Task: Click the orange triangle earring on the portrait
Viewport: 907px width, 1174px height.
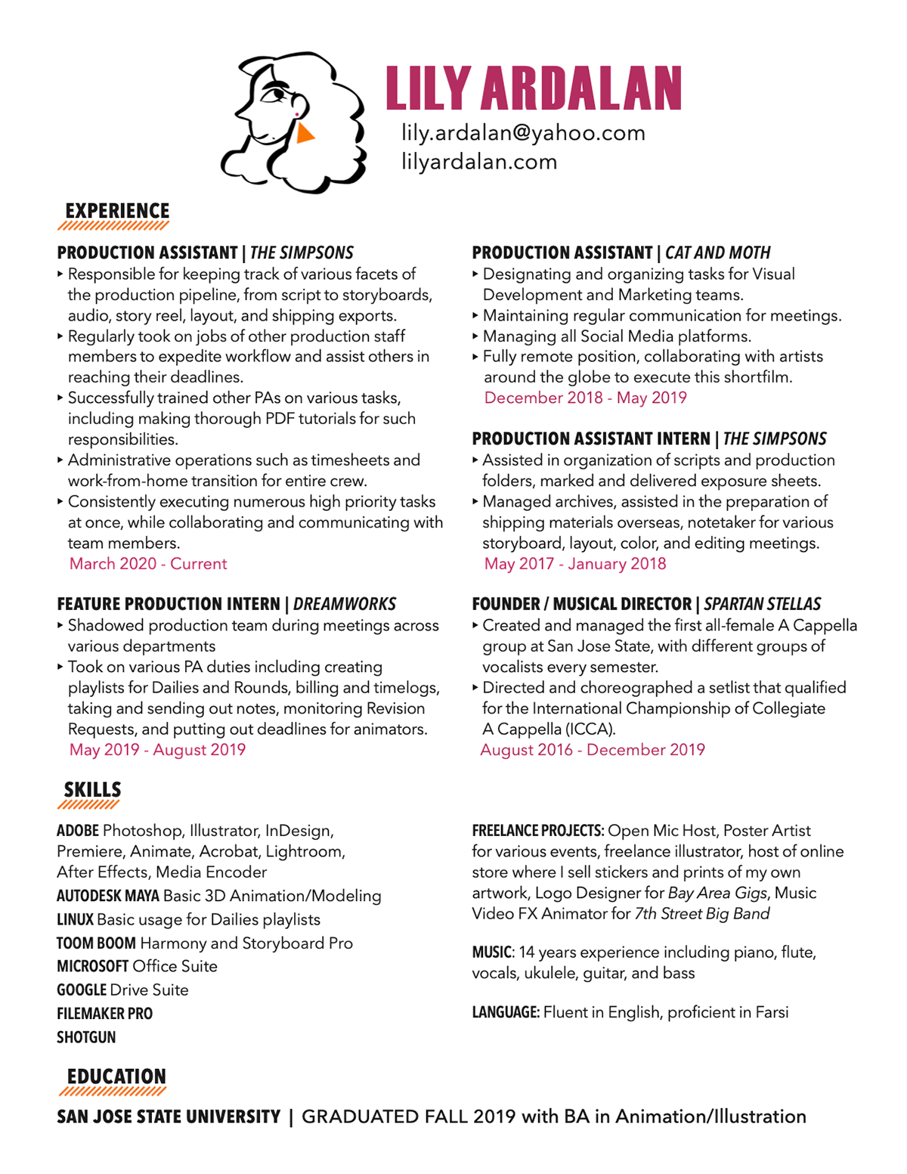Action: click(305, 134)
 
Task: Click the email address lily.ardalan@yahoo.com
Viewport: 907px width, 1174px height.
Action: click(523, 133)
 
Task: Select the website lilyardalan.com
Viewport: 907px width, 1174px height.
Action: click(479, 162)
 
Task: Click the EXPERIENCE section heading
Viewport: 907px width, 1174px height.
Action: click(117, 211)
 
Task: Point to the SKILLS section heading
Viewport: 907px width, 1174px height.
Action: click(92, 790)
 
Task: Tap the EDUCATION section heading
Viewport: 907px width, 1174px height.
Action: click(116, 1076)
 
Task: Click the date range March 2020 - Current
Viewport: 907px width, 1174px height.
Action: click(148, 564)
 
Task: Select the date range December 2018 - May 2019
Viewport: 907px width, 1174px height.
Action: click(585, 398)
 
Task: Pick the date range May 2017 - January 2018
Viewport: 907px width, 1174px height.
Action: click(575, 564)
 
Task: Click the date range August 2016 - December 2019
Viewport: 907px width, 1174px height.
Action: click(593, 750)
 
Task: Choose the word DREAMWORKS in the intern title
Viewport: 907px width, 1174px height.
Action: click(345, 605)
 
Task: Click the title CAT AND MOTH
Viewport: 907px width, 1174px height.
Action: click(717, 253)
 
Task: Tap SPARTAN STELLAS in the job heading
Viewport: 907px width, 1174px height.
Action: click(762, 605)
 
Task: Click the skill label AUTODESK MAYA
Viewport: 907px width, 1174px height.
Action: click(108, 897)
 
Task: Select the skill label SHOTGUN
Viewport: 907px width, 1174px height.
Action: click(86, 1038)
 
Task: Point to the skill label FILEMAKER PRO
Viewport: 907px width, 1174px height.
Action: click(104, 1014)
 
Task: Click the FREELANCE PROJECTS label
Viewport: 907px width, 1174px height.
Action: click(537, 832)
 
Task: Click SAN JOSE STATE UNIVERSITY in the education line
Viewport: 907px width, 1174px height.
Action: click(169, 1117)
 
